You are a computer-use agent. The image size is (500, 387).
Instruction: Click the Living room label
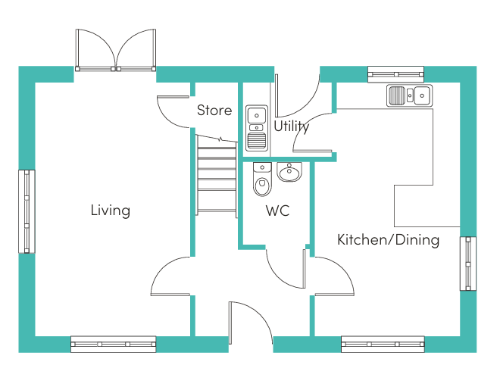(x=111, y=211)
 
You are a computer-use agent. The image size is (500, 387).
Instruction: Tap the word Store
(x=214, y=111)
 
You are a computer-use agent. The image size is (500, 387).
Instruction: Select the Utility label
(x=292, y=126)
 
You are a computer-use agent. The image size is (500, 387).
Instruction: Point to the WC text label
(x=277, y=211)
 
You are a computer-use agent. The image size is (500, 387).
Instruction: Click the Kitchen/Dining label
(x=388, y=240)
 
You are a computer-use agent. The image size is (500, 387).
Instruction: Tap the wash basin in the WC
(x=289, y=172)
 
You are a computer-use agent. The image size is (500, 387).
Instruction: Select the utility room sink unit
(x=257, y=128)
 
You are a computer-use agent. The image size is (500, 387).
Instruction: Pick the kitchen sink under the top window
(x=409, y=95)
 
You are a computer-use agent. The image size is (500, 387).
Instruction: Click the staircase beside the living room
(x=217, y=176)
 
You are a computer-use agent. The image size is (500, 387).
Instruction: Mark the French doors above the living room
(x=116, y=50)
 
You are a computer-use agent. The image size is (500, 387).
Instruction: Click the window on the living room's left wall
(x=27, y=211)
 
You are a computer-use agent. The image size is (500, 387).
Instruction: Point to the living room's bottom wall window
(x=113, y=345)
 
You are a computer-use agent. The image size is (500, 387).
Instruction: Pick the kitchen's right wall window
(x=468, y=264)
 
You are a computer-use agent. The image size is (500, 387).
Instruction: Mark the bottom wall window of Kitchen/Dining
(x=383, y=345)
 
